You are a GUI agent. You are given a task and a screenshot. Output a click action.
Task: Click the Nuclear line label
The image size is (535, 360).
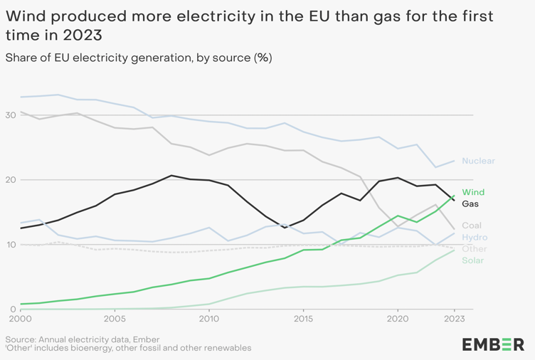click(x=478, y=162)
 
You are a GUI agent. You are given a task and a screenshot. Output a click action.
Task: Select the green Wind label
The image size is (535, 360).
click(x=473, y=193)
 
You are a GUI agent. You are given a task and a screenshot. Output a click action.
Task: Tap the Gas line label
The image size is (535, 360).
click(x=470, y=204)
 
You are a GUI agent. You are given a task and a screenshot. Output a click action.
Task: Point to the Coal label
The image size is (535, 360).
click(x=472, y=226)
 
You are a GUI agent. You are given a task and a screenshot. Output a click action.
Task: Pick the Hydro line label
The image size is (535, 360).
click(x=475, y=238)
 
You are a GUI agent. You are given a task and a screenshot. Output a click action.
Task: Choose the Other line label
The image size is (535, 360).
click(x=475, y=249)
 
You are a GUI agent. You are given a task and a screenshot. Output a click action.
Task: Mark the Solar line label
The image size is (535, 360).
click(x=473, y=260)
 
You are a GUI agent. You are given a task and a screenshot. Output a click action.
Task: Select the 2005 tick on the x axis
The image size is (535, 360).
click(x=115, y=319)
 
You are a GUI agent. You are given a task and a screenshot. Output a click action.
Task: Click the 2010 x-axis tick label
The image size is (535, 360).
click(x=209, y=319)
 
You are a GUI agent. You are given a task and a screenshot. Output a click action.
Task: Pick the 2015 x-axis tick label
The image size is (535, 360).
click(x=304, y=319)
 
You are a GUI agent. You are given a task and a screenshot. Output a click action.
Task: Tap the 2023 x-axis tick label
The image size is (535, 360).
click(x=455, y=319)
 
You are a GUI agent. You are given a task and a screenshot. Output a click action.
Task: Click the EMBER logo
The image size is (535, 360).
click(x=493, y=344)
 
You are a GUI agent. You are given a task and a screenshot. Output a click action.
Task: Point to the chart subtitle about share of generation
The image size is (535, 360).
click(x=139, y=58)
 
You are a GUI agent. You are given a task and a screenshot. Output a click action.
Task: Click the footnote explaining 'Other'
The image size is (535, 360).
click(x=128, y=349)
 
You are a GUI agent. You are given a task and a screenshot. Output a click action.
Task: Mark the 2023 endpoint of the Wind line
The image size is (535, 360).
click(x=455, y=196)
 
